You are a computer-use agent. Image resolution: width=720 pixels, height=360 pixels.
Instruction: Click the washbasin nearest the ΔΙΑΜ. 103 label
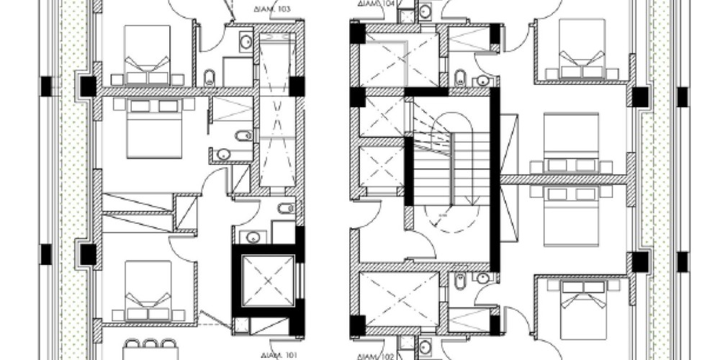(x=246, y=42)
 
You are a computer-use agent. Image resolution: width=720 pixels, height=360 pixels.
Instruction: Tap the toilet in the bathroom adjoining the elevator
(x=286, y=210)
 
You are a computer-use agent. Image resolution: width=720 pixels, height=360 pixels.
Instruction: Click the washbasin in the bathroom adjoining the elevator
(x=253, y=236)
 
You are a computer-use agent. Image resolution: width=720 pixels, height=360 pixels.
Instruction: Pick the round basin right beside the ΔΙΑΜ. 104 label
(x=425, y=11)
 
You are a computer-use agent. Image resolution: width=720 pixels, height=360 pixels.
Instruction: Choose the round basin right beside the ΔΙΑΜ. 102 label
(x=425, y=347)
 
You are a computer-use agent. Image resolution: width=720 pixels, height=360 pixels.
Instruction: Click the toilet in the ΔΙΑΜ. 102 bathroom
(x=460, y=282)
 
